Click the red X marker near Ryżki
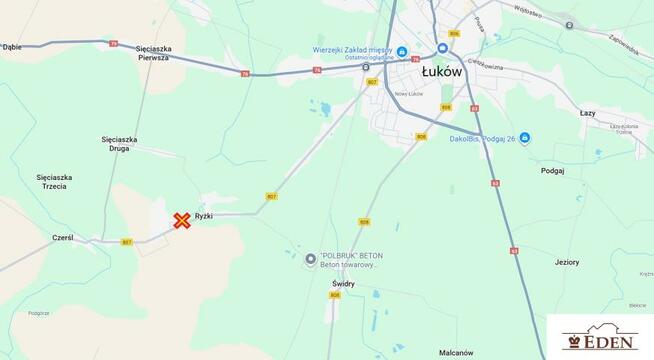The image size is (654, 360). click(182, 221)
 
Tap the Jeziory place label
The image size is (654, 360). click(567, 262)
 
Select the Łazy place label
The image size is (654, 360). click(587, 113)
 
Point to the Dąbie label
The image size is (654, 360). click(12, 46)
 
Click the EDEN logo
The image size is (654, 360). click(599, 339)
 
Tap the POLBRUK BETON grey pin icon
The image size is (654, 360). click(310, 259)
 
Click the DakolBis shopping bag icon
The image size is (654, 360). click(525, 138)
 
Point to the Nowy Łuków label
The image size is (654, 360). click(384, 94)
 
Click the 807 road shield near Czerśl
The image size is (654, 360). click(127, 242)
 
